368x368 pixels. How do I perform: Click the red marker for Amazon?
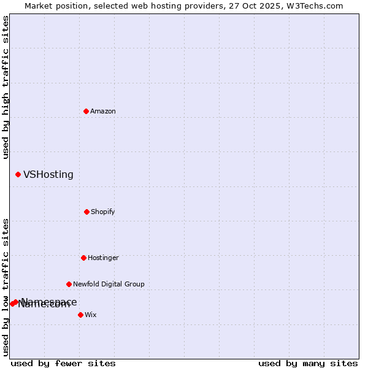point(86,111)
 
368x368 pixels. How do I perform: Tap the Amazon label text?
point(103,111)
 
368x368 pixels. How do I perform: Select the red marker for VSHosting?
point(18,175)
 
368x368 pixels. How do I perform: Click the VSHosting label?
point(48,175)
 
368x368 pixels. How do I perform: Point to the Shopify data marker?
point(86,212)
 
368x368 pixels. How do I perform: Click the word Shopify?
point(103,212)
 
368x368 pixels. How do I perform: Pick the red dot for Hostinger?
point(83,258)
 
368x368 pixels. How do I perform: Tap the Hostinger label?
point(103,258)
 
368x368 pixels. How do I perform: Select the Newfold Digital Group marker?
point(69,284)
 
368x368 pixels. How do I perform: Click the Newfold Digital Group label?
point(109,284)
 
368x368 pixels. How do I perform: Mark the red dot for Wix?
point(80,315)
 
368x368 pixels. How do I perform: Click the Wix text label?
point(91,315)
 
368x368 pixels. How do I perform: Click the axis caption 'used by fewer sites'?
point(63,363)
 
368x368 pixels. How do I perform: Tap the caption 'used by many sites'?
point(308,363)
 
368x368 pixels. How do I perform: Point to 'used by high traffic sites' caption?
point(6,87)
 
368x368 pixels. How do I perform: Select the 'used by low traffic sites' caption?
point(6,287)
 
